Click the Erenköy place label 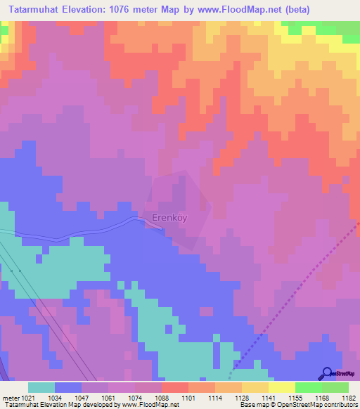(169, 218)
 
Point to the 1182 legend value (349, 397)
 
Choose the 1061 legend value (109, 397)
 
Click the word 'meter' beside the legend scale (9, 397)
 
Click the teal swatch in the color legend (41, 387)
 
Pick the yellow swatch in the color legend (281, 387)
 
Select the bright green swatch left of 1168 (308, 387)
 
